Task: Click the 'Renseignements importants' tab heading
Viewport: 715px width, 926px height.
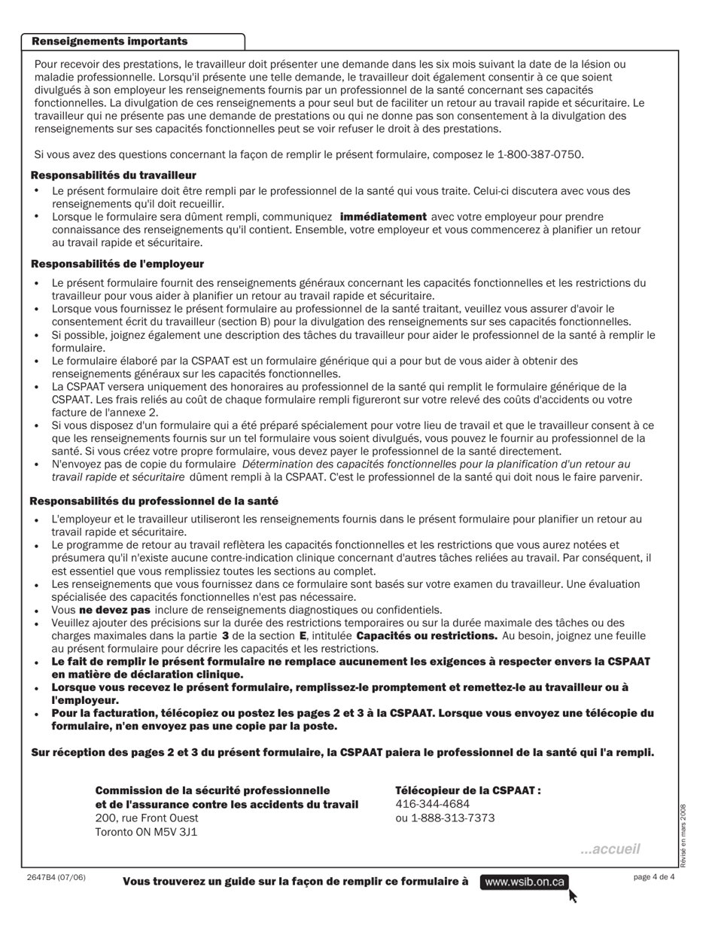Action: point(110,41)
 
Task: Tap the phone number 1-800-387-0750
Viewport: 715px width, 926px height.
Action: point(540,154)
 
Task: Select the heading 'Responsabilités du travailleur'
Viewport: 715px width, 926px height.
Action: point(114,175)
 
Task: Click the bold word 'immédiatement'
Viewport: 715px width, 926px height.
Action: point(383,217)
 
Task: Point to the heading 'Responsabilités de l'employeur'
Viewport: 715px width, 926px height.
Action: point(117,264)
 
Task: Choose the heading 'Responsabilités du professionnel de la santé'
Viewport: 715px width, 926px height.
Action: point(154,501)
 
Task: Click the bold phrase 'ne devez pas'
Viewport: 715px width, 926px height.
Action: point(114,610)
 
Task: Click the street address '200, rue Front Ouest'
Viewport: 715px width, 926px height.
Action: point(147,818)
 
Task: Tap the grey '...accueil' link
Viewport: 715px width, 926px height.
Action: point(610,849)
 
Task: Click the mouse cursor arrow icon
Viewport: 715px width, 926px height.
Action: point(574,896)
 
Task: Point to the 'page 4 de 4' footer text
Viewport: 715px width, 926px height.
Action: point(654,877)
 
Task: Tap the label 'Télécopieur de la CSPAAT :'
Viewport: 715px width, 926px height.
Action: point(468,790)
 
